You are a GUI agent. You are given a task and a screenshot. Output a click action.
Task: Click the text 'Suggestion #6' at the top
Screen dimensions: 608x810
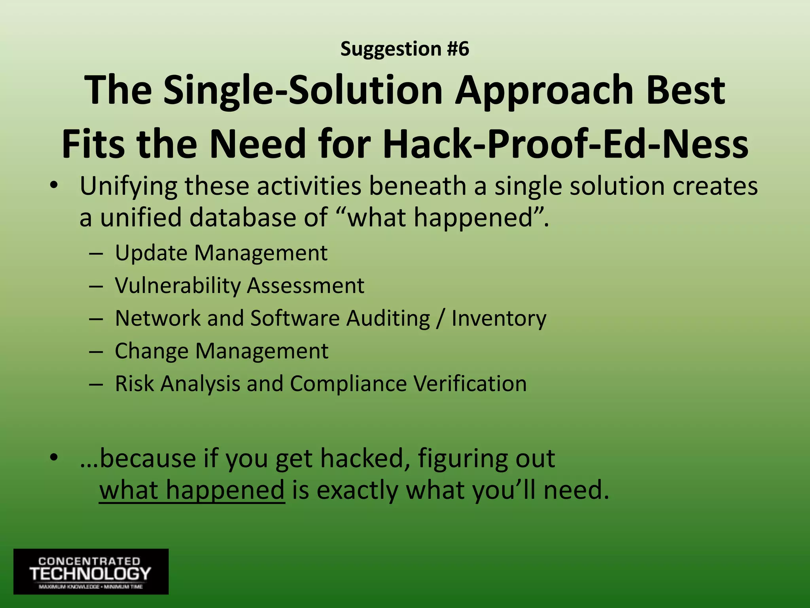pyautogui.click(x=405, y=49)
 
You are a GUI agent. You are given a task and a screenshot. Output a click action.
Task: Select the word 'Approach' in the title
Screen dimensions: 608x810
pyautogui.click(x=544, y=92)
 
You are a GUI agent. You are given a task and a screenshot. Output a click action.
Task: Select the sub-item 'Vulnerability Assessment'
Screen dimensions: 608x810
pyautogui.click(x=239, y=285)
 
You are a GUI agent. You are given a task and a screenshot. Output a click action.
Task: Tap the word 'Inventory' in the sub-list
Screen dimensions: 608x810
pyautogui.click(x=499, y=318)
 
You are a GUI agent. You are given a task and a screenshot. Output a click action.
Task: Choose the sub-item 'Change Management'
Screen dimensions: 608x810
pyautogui.click(x=221, y=351)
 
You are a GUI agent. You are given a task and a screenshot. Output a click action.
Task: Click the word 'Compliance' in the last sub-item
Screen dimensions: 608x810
pyautogui.click(x=348, y=384)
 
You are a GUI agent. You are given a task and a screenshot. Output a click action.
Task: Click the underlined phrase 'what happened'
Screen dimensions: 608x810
pyautogui.click(x=192, y=490)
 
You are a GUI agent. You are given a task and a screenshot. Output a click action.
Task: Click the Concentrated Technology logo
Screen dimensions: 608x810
pyautogui.click(x=91, y=571)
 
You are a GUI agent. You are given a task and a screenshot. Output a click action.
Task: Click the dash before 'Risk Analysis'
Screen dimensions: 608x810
pyautogui.click(x=96, y=384)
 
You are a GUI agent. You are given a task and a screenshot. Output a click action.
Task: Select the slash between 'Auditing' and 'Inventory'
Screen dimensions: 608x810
pyautogui.click(x=441, y=318)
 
